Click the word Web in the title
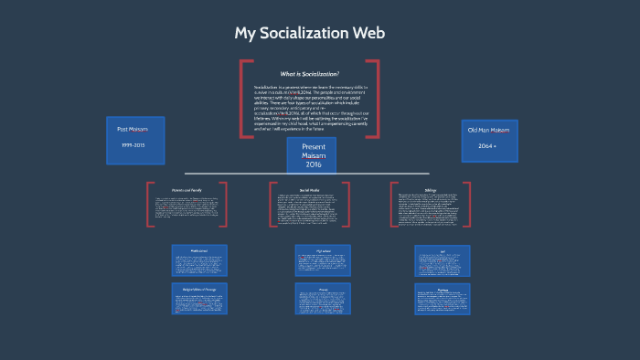[366, 34]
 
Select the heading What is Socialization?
[309, 74]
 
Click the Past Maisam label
[133, 130]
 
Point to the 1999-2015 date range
[134, 146]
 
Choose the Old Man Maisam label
[488, 131]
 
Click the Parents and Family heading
[186, 190]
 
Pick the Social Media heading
[309, 190]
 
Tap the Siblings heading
[431, 190]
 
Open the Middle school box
[198, 261]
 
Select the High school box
[323, 261]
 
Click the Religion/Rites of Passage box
[198, 300]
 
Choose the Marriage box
[443, 300]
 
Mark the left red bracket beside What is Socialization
[242, 99]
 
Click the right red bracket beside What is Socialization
[376, 99]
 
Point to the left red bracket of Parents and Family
[148, 204]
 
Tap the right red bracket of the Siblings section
[467, 204]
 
